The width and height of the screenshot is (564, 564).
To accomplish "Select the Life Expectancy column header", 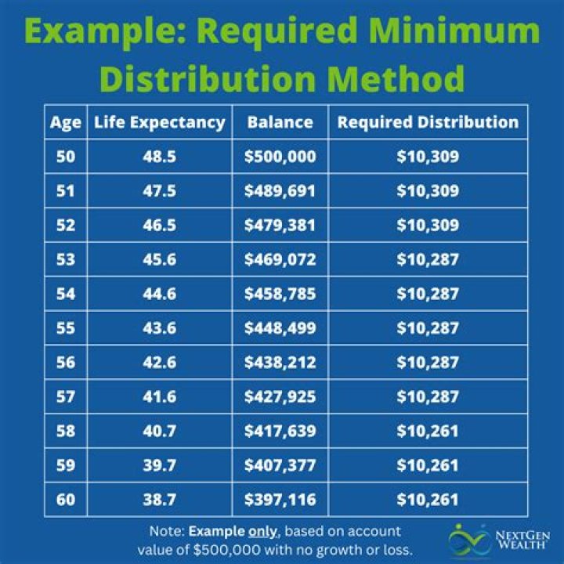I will [x=160, y=123].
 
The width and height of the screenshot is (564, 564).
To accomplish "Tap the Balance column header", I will [x=280, y=123].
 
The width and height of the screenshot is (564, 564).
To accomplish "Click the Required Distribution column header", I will [x=428, y=123].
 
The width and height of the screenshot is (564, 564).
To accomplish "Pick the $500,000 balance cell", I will [x=280, y=157].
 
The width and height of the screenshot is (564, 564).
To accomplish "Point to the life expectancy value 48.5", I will [x=160, y=157].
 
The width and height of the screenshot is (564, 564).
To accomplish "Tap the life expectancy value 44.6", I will [x=160, y=295].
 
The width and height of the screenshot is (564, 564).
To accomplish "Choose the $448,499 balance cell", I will [x=280, y=329].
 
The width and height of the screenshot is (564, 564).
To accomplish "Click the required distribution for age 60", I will [x=428, y=500].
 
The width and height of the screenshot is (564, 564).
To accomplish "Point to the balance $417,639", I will [x=280, y=432].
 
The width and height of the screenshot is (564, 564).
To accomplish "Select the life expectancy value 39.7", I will [x=160, y=465].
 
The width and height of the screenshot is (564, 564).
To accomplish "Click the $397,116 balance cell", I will [x=280, y=500].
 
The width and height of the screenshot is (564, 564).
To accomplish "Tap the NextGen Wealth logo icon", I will [x=467, y=540].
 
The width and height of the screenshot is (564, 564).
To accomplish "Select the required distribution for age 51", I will [x=428, y=191].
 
